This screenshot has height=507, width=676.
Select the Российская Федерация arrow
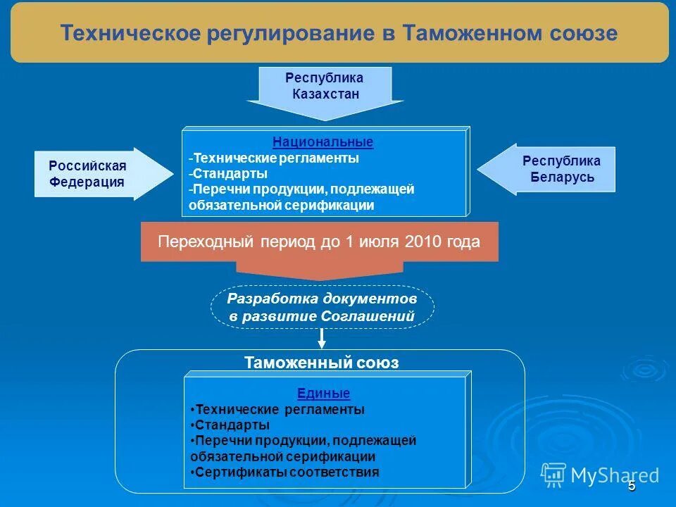click(x=92, y=174)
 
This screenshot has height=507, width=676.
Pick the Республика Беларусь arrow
click(x=556, y=169)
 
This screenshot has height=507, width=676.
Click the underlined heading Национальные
click(x=323, y=142)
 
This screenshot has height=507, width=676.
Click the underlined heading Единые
click(x=323, y=394)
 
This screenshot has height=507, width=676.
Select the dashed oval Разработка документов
click(x=323, y=307)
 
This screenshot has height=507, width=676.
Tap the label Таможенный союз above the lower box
click(x=321, y=363)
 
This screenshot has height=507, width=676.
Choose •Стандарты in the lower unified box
click(x=230, y=425)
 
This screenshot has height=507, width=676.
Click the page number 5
click(x=632, y=486)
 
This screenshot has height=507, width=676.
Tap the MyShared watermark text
click(x=615, y=475)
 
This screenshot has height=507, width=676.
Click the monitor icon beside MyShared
click(x=554, y=474)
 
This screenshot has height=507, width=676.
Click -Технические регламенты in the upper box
click(x=274, y=158)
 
